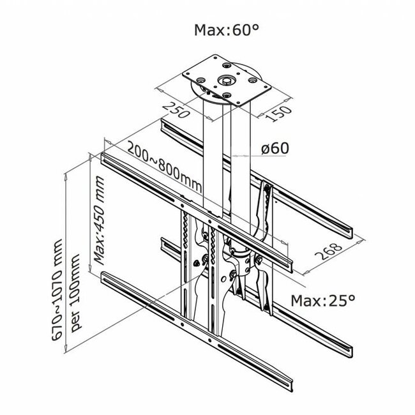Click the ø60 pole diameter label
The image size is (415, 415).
pyautogui.click(x=275, y=148)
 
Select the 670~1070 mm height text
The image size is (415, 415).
pyautogui.click(x=59, y=294)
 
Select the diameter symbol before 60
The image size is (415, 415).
pyautogui.click(x=266, y=148)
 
